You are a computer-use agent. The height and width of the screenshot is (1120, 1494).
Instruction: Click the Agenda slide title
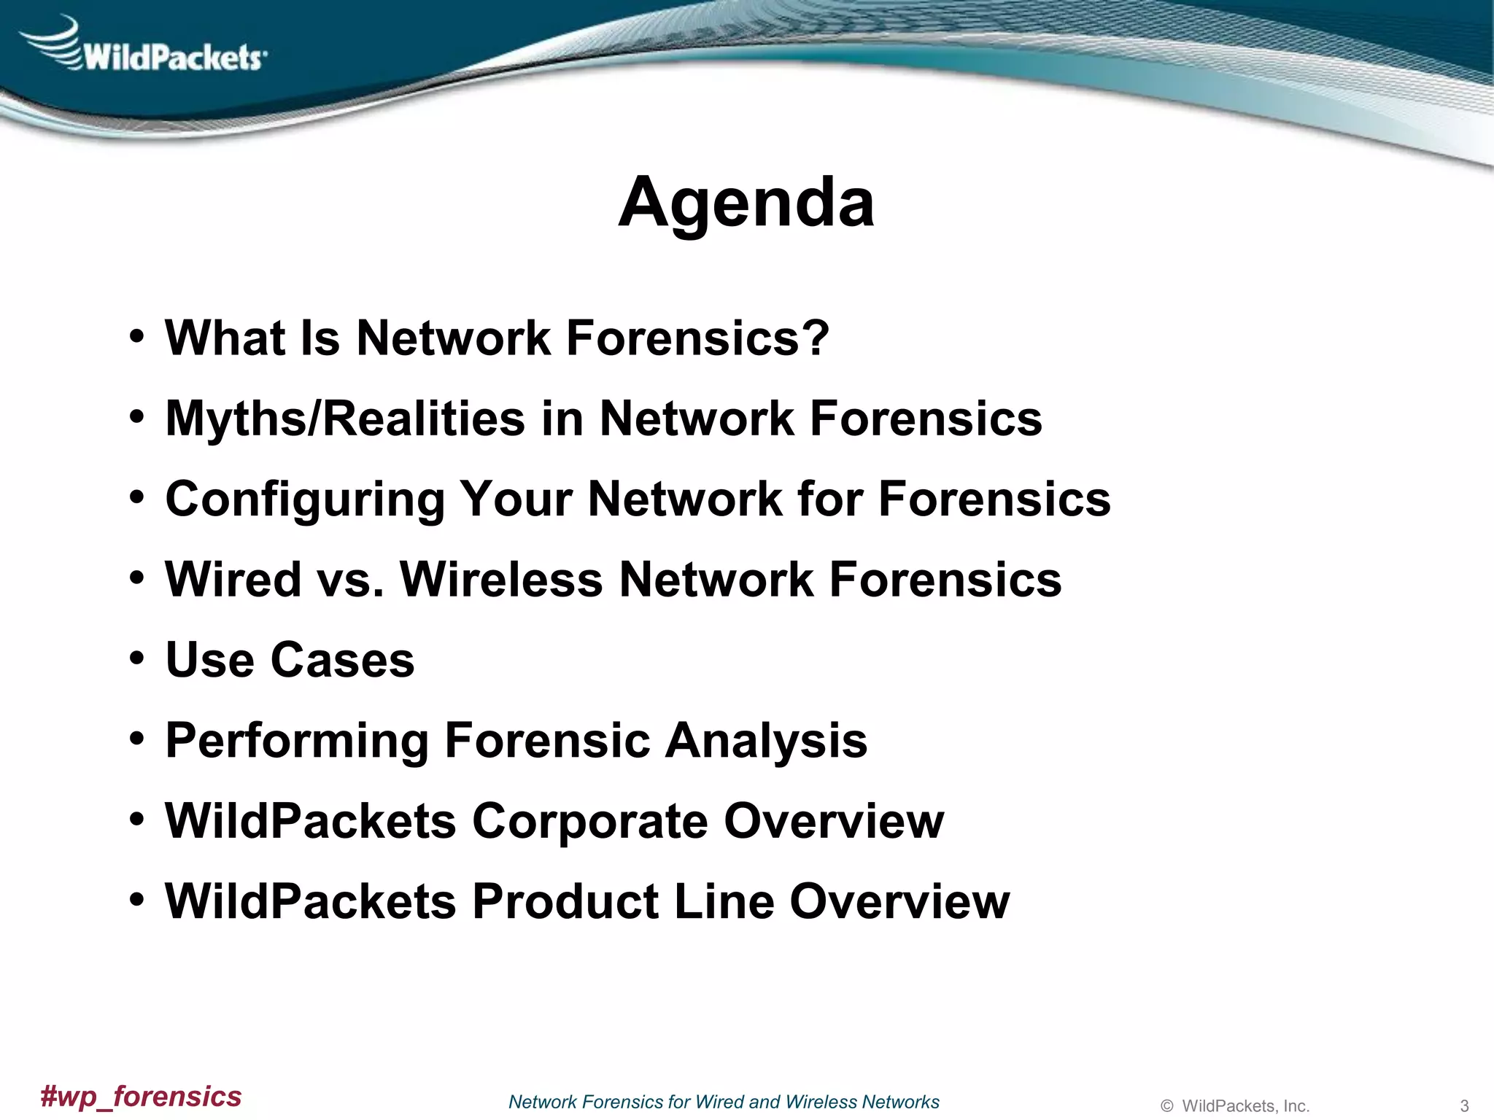pyautogui.click(x=746, y=203)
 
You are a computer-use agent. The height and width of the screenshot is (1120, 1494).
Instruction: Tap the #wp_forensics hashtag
pyautogui.click(x=141, y=1097)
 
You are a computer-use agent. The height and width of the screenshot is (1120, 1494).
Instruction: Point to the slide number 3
pyautogui.click(x=1463, y=1105)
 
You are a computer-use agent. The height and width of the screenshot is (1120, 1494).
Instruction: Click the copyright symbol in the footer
pyautogui.click(x=1166, y=1106)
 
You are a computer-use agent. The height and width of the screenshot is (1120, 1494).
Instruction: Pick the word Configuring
pyautogui.click(x=305, y=500)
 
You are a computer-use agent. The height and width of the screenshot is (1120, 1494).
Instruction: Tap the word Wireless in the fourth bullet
pyautogui.click(x=502, y=580)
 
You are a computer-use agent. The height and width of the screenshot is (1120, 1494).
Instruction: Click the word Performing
pyautogui.click(x=296, y=742)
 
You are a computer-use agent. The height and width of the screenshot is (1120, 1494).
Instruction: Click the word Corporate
pyautogui.click(x=589, y=822)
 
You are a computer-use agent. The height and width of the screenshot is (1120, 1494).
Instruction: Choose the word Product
pyautogui.click(x=565, y=902)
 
